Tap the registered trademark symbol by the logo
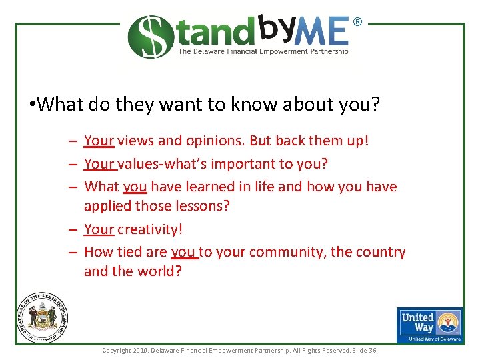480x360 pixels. pyautogui.click(x=357, y=22)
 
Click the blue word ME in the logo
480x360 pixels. pyautogui.click(x=324, y=33)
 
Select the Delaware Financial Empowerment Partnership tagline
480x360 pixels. pyautogui.click(x=263, y=51)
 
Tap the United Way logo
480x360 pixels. pyautogui.click(x=430, y=325)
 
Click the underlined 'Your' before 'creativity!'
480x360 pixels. pyautogui.click(x=99, y=229)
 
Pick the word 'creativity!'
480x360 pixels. pyautogui.click(x=150, y=229)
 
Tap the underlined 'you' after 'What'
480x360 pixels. pyautogui.click(x=135, y=187)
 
